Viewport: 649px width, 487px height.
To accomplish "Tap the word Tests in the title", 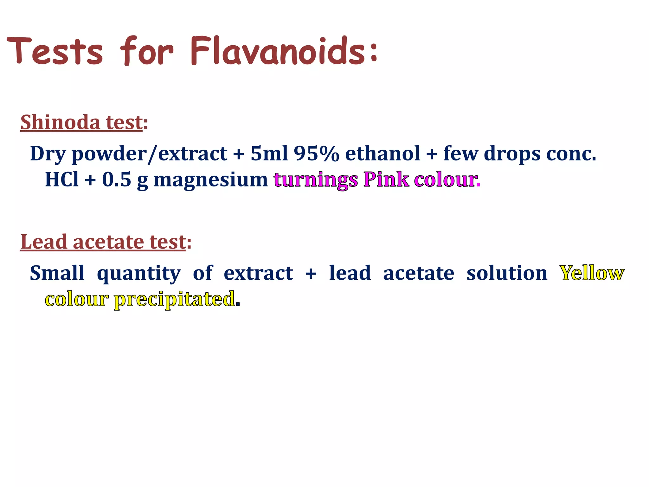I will pyautogui.click(x=55, y=51).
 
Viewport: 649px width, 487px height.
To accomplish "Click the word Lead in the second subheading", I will pyautogui.click(x=44, y=242).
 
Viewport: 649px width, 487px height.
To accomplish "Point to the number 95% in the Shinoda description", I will pyautogui.click(x=316, y=154).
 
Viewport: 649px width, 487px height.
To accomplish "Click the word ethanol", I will pyautogui.click(x=382, y=154).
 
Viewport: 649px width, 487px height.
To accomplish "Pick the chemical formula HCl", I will pyautogui.click(x=62, y=179).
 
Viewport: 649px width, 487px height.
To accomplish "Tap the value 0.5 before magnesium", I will pyautogui.click(x=116, y=179).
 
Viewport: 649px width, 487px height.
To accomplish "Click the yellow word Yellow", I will pyautogui.click(x=592, y=273).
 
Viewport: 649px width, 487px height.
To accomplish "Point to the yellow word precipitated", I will pyautogui.click(x=174, y=299).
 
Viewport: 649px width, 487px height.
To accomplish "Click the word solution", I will pyautogui.click(x=507, y=273).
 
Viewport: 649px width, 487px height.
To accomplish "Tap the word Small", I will pyautogui.click(x=57, y=273).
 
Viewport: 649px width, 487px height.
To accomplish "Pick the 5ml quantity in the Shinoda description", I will pyautogui.click(x=269, y=154).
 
